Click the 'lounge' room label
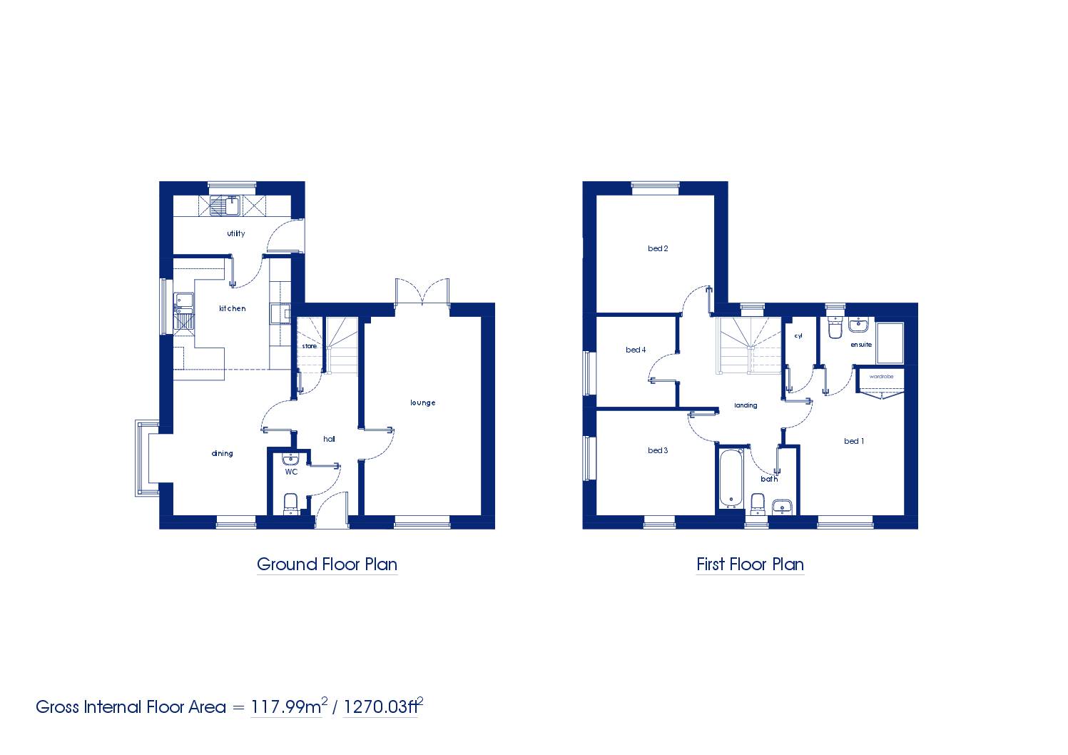(422, 402)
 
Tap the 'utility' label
(236, 233)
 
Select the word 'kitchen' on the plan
(232, 308)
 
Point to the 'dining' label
(222, 454)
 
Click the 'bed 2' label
(658, 248)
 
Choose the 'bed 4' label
(636, 350)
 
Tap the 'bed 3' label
(658, 450)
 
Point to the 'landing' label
(746, 405)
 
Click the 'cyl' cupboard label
(798, 336)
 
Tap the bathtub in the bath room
(730, 478)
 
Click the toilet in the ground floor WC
(290, 504)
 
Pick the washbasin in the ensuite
(858, 324)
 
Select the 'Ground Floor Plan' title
(327, 564)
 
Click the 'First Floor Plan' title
(750, 564)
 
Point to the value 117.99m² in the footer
(289, 706)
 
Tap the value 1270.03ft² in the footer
(383, 706)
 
